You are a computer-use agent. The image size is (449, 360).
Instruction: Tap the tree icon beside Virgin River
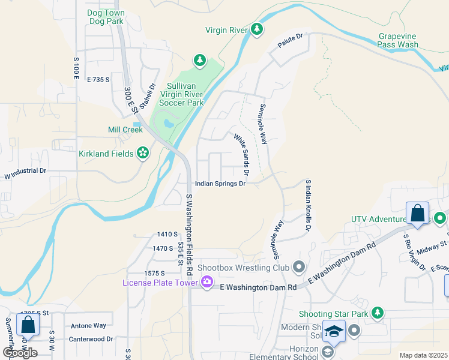coord(257,29)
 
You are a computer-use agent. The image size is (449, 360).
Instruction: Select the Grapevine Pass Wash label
coord(398,40)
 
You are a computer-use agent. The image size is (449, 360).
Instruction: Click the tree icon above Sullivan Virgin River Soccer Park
coord(199,61)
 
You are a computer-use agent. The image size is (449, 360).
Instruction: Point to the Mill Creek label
coord(125,130)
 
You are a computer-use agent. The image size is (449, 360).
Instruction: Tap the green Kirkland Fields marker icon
coord(143,154)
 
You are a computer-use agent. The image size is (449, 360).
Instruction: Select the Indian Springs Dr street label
coord(220,184)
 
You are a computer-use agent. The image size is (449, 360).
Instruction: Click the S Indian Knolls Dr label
coord(309,205)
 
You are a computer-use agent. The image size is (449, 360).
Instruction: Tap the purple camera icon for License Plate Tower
coord(207,281)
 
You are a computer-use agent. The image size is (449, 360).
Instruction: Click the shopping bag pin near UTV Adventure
coord(417,213)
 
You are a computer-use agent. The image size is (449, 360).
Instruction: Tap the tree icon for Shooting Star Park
coord(377,313)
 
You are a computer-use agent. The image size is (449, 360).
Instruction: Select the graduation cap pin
coord(333,331)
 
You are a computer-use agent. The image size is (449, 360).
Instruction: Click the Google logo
coord(19,353)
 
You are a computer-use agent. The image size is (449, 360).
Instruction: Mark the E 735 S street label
coord(100,79)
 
